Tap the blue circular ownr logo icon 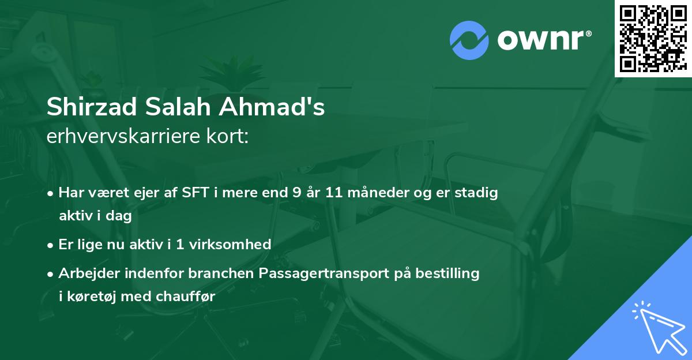[469, 40]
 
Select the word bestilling [449, 273]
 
